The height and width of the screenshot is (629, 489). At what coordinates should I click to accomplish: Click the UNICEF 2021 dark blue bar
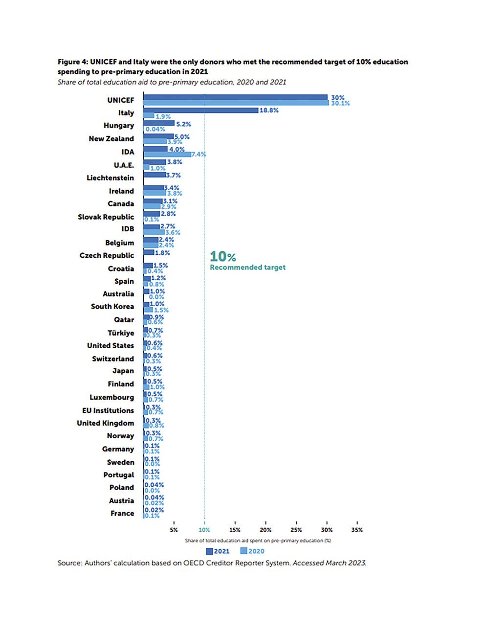point(235,97)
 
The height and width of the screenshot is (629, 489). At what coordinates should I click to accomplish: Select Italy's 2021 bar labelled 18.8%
point(200,111)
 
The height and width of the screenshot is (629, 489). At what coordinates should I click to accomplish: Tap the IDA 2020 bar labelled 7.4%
point(167,154)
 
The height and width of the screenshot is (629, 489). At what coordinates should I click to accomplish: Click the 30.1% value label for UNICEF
point(340,103)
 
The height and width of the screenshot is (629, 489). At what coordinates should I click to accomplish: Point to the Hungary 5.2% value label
point(183,124)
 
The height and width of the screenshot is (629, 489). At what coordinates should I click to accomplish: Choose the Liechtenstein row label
point(110,178)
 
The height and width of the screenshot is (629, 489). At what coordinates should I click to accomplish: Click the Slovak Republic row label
point(106,217)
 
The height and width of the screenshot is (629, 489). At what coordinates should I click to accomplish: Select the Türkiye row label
point(121,333)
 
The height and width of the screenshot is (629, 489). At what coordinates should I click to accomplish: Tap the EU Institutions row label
point(108,410)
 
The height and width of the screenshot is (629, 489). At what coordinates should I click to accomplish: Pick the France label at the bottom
point(122,513)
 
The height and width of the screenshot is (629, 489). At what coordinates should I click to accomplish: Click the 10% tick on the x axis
point(204,530)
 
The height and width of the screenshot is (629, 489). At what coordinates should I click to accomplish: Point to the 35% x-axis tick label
point(357,530)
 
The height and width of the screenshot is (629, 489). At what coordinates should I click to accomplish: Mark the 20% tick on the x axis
point(266,530)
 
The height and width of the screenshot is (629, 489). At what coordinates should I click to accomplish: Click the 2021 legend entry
point(218,551)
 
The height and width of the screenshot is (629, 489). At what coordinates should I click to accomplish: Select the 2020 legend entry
point(252,551)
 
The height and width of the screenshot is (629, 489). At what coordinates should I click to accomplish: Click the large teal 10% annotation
point(222,257)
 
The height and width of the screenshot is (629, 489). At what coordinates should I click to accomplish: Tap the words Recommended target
point(247,268)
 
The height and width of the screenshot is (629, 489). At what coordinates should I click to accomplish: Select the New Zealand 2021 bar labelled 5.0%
point(158,136)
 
